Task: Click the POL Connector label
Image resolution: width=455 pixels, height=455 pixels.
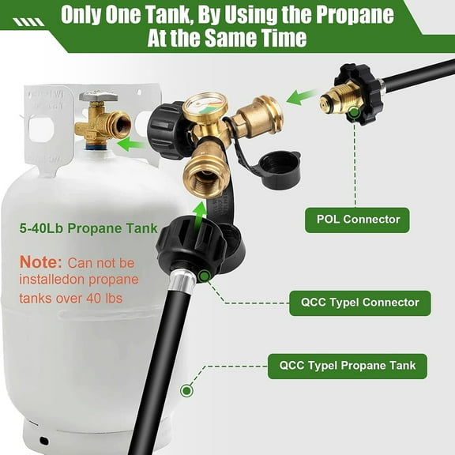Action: [x=358, y=219]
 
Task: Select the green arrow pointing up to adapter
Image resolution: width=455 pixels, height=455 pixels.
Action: [x=201, y=210]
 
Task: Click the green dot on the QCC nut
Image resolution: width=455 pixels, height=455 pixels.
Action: [x=205, y=275]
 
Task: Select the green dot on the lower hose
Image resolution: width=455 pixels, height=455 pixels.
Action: [x=187, y=389]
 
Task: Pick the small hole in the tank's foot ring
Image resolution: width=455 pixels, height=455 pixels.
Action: [x=44, y=439]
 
